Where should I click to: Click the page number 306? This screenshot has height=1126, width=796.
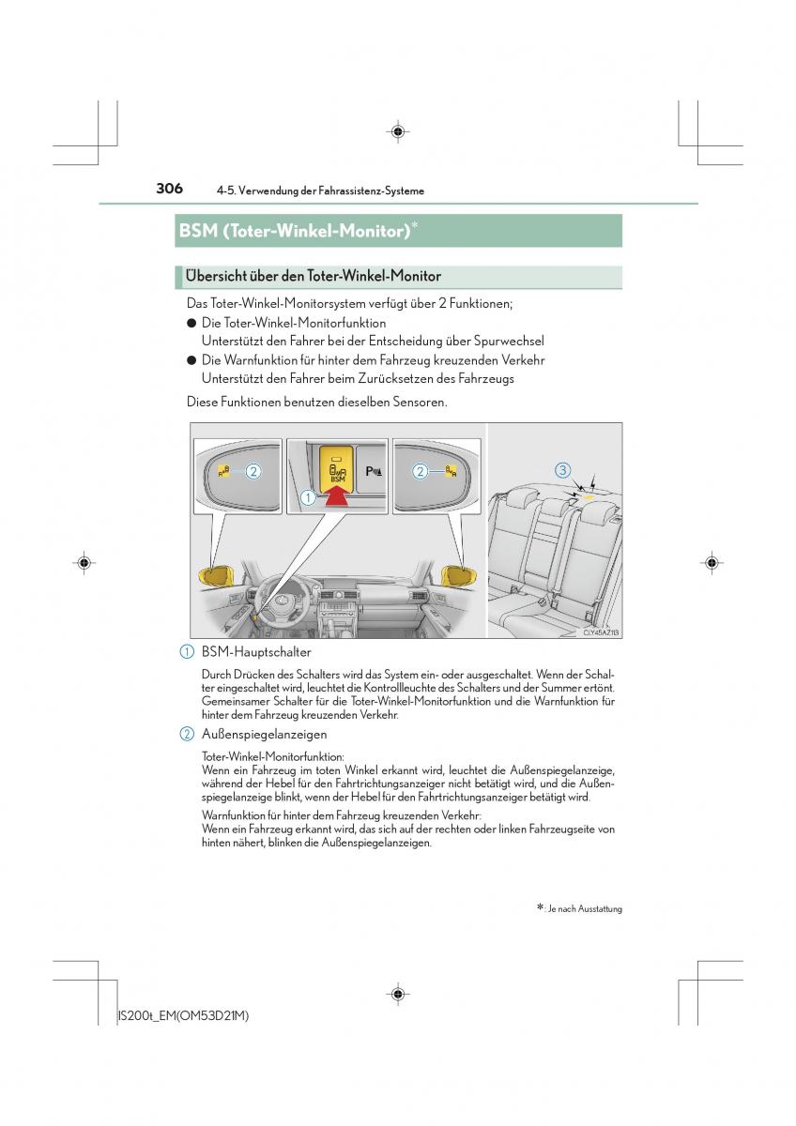tap(169, 189)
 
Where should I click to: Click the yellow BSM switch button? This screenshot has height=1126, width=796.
tap(334, 466)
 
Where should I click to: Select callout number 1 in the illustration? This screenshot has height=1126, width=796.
tap(308, 498)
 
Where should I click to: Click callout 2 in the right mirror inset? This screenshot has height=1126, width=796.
tap(421, 471)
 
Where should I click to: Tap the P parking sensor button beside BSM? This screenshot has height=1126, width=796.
tap(373, 471)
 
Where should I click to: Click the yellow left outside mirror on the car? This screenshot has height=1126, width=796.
tap(217, 574)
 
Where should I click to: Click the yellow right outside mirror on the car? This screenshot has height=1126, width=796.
tap(458, 574)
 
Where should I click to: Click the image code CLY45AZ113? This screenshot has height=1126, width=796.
tap(602, 632)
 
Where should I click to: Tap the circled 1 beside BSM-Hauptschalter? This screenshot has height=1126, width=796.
tap(187, 651)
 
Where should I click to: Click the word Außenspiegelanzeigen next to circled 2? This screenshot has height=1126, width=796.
tap(264, 733)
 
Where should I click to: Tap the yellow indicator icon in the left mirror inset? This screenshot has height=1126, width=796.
tap(223, 471)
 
